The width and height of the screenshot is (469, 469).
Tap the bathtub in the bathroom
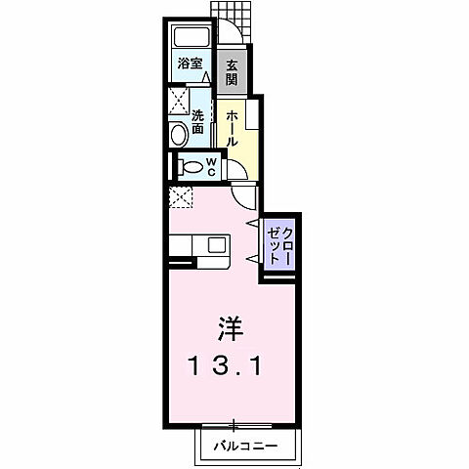coord(190,40)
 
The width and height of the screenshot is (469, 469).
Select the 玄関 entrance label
coord(232,72)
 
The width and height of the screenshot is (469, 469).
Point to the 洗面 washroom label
coord(197,121)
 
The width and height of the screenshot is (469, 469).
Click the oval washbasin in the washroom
coord(179,134)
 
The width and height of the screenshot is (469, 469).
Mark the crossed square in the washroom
coord(178,100)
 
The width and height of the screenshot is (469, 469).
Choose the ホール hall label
coord(231,128)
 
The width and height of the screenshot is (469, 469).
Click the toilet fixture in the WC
coord(189,165)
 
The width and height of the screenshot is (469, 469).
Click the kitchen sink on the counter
coord(215,244)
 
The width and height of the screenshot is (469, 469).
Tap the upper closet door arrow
coord(253,225)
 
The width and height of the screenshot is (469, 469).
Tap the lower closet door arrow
coord(253,259)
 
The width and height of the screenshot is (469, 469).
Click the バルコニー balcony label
coord(244,446)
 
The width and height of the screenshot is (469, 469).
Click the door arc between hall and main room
coord(246,192)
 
